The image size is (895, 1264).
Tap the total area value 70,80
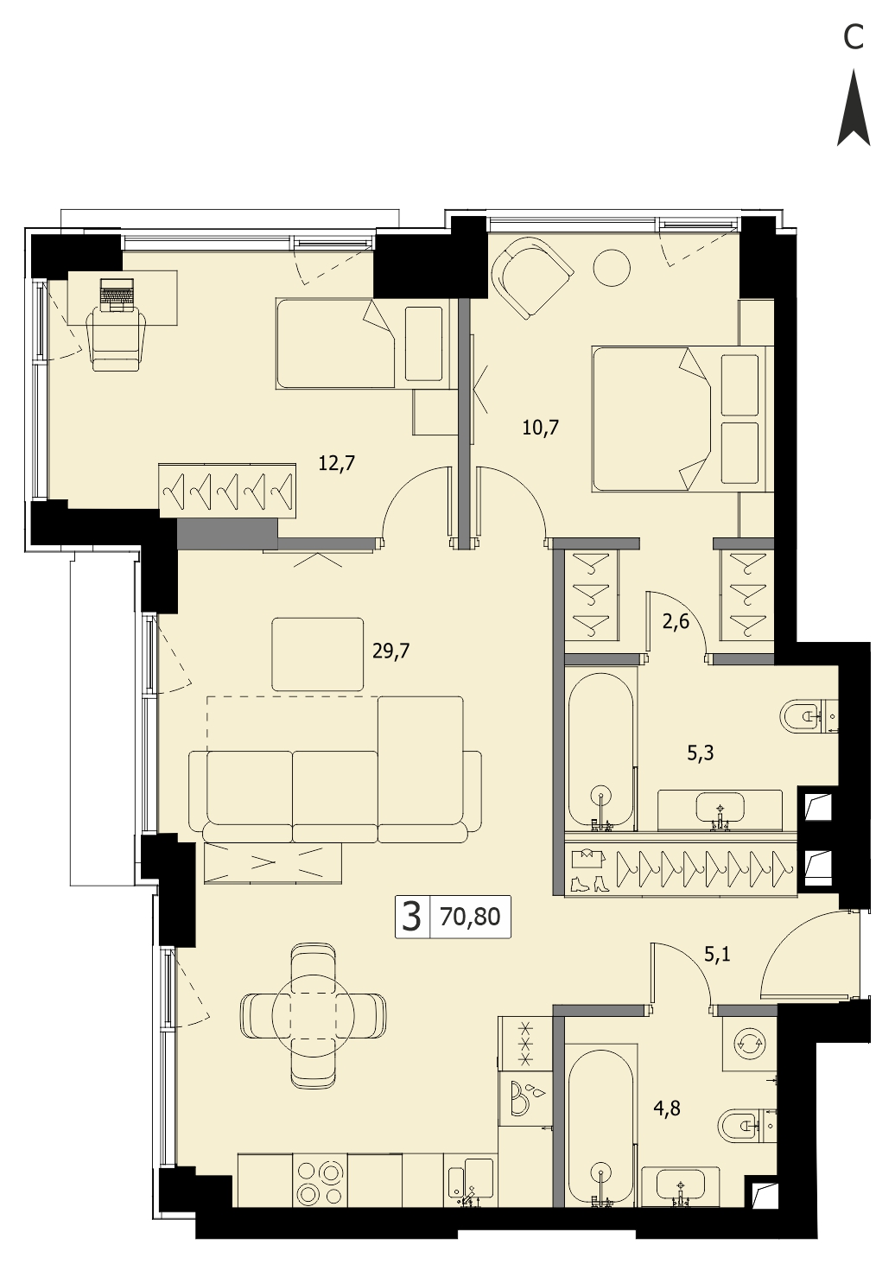(470, 917)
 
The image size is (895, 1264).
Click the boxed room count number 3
(413, 917)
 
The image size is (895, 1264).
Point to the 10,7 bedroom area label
(540, 428)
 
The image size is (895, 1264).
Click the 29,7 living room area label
(391, 651)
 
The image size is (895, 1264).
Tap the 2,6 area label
(676, 624)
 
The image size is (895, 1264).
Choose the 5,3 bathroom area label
(701, 753)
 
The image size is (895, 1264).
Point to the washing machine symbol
(749, 1045)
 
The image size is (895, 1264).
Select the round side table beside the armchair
(612, 270)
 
